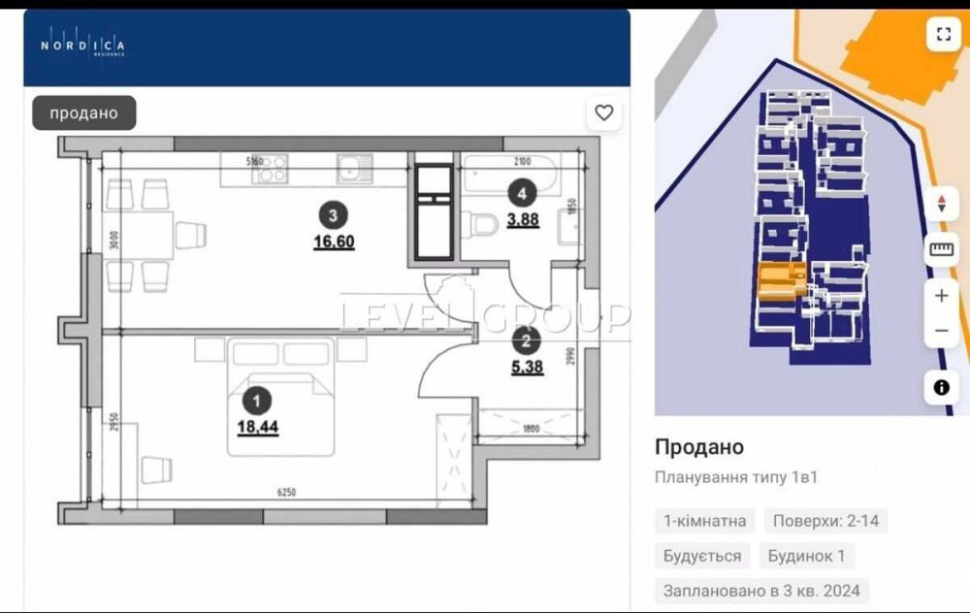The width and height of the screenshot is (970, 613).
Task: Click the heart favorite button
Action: point(604,113)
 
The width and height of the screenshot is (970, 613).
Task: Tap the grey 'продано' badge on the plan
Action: point(84,113)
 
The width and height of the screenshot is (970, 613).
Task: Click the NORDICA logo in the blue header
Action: point(82,45)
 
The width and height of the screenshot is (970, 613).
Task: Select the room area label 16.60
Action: point(334,242)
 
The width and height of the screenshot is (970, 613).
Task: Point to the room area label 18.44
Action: point(257,426)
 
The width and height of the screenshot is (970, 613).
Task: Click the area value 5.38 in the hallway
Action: point(526,367)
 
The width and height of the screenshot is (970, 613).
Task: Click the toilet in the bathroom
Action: point(482,224)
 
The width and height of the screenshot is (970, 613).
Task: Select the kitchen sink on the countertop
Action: point(349,170)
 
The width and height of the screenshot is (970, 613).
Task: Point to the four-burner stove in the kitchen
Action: point(269,170)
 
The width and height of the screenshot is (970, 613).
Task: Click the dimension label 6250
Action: point(286,492)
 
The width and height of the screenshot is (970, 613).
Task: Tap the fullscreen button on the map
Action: point(943,35)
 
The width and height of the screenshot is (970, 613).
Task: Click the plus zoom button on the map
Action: point(941,296)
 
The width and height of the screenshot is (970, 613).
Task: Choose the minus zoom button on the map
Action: point(941,331)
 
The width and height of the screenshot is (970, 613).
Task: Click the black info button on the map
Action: point(941,387)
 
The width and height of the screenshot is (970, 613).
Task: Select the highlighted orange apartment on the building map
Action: point(780,282)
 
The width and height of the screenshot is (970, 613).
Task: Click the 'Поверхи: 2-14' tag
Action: point(825,521)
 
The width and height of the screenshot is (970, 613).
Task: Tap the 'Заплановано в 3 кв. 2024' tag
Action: point(760,591)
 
